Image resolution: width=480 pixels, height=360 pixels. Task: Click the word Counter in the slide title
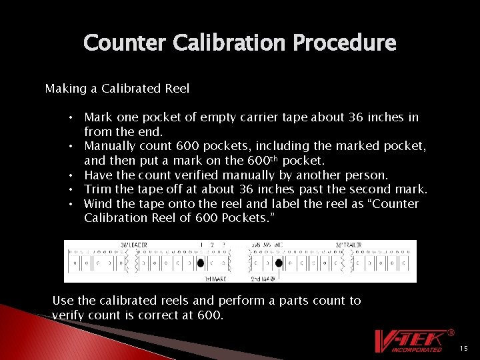coord(125,43)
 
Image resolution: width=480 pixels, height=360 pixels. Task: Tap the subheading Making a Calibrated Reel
coord(117,89)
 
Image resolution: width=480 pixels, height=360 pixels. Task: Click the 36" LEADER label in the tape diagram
coord(134,245)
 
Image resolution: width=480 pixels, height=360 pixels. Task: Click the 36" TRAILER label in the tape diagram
coord(348,245)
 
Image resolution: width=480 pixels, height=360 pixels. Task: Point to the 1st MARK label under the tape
coord(215,278)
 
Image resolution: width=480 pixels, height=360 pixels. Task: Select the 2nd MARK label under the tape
coord(263,278)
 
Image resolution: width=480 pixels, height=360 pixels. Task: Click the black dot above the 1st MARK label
coord(220,263)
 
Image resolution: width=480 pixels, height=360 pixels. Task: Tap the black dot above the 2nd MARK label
coord(279,263)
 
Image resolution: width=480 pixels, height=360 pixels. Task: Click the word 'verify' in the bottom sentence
coord(68,315)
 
